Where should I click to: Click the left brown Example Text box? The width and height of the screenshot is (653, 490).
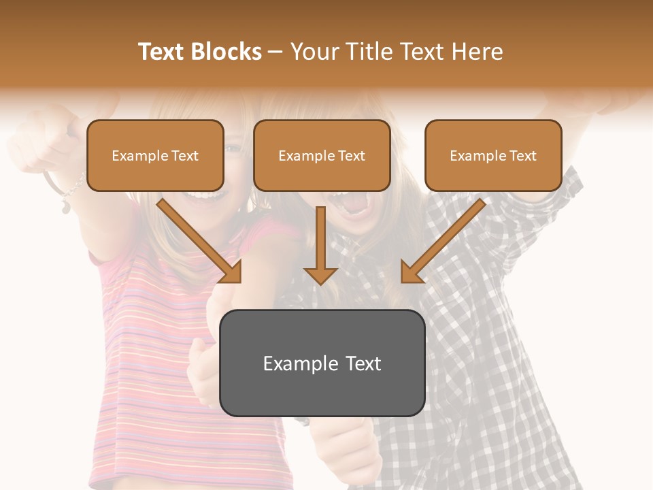pos(155,156)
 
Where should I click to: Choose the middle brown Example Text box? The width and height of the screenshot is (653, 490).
pos(322,156)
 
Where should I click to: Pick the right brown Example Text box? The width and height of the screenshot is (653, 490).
pos(493,156)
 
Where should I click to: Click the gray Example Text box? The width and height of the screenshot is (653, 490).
pos(322,363)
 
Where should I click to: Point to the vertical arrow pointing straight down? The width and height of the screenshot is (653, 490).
pos(320,245)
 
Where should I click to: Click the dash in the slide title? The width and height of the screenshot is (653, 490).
pos(275,52)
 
